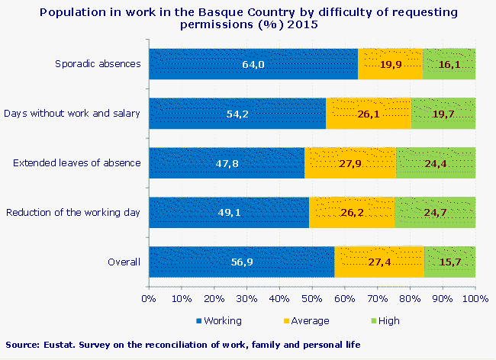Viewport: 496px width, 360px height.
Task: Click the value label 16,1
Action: (449, 65)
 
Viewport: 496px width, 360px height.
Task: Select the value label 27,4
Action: (378, 262)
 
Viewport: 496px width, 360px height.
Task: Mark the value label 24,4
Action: (435, 163)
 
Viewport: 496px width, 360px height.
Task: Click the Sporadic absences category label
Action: (98, 63)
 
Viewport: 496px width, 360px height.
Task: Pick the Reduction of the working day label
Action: (72, 212)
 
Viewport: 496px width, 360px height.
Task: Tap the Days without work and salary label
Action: (72, 114)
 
